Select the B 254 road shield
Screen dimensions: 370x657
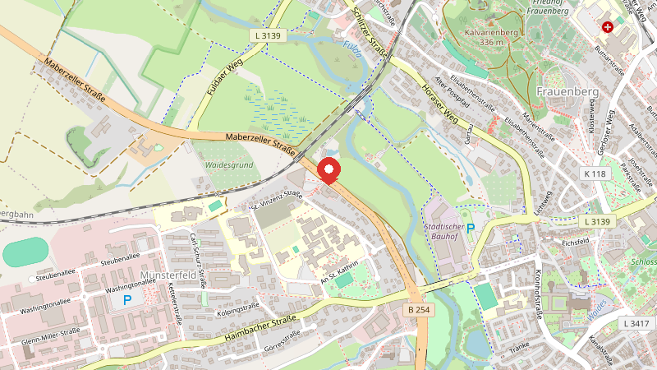418,309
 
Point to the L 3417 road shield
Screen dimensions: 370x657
636,324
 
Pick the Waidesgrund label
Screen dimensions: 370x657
228,164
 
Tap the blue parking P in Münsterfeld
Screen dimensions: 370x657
127,301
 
